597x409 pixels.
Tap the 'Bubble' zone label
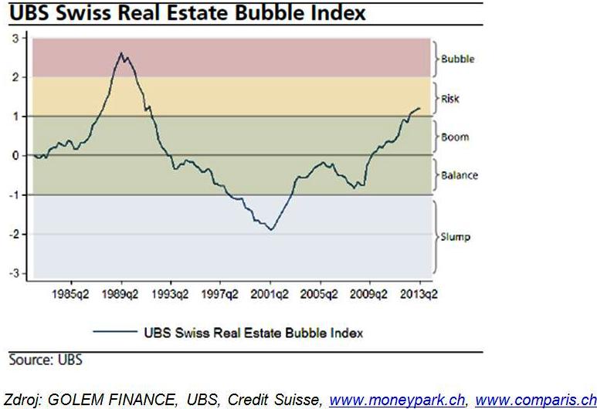tap(457, 59)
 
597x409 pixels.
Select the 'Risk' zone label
tap(449, 99)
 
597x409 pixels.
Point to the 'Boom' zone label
tap(454, 137)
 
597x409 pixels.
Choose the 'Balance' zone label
tap(459, 175)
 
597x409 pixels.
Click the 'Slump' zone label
tap(455, 237)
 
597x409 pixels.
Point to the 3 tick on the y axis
tap(15, 37)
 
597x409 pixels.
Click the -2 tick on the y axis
tap(13, 235)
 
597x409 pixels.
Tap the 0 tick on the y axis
tap(15, 155)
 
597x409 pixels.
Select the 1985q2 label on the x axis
tap(70, 294)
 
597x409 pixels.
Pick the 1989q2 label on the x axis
tap(120, 294)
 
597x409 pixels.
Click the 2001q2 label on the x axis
tap(270, 294)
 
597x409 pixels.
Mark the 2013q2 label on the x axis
tap(418, 294)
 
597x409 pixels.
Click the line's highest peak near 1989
tap(121, 53)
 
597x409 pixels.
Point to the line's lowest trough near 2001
tap(271, 229)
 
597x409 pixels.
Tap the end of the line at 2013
tap(419, 108)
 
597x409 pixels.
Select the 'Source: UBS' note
tap(45, 360)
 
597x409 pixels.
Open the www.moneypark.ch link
tap(397, 400)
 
